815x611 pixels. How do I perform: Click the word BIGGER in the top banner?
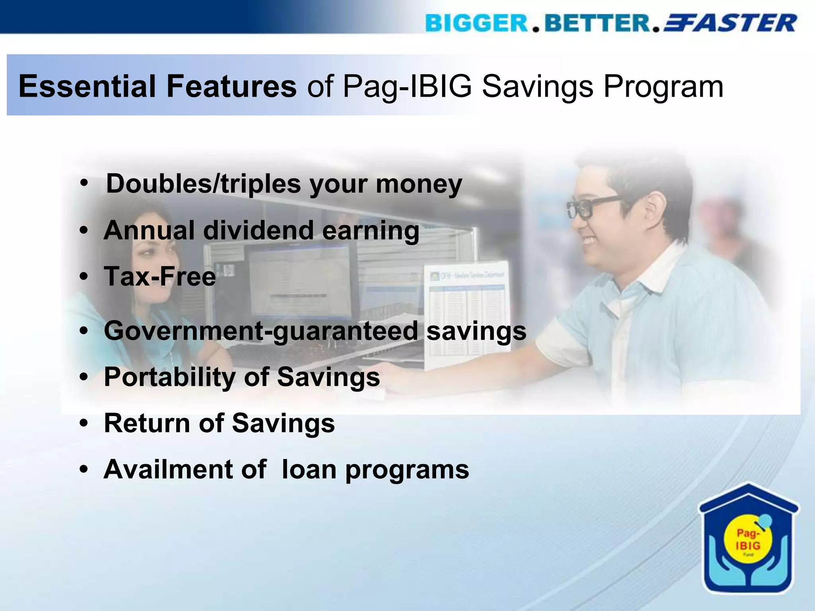(x=476, y=23)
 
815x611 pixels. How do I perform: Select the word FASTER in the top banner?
(x=730, y=23)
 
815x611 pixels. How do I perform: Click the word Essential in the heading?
(x=86, y=86)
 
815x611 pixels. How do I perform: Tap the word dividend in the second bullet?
(x=259, y=231)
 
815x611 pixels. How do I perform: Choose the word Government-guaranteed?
(x=261, y=331)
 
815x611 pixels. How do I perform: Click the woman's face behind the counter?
(x=153, y=255)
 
